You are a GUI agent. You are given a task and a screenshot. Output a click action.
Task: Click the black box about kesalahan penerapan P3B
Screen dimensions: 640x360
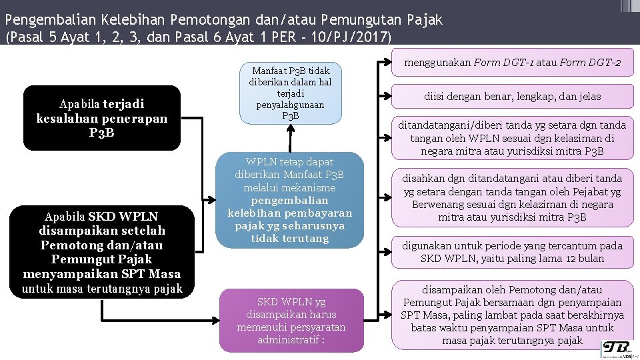(102, 117)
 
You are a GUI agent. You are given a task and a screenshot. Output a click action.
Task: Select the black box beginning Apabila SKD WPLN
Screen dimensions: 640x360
(102, 252)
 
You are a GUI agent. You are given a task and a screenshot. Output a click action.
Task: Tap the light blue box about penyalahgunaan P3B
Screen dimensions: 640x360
(291, 93)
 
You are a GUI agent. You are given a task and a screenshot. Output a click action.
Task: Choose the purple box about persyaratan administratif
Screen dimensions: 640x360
(291, 321)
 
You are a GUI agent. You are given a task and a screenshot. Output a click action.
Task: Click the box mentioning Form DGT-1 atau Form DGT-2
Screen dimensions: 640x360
(512, 63)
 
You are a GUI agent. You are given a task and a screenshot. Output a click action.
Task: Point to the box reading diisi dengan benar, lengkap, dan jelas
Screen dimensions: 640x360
(512, 96)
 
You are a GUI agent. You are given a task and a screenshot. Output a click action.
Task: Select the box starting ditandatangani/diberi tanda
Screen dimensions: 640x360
(512, 137)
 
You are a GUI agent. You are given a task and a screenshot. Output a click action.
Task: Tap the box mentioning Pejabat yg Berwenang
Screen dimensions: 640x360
(512, 197)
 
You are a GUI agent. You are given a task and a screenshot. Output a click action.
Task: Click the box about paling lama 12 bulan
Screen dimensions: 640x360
(512, 252)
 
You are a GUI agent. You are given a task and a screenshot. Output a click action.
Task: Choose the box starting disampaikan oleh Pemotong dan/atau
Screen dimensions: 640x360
(512, 315)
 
